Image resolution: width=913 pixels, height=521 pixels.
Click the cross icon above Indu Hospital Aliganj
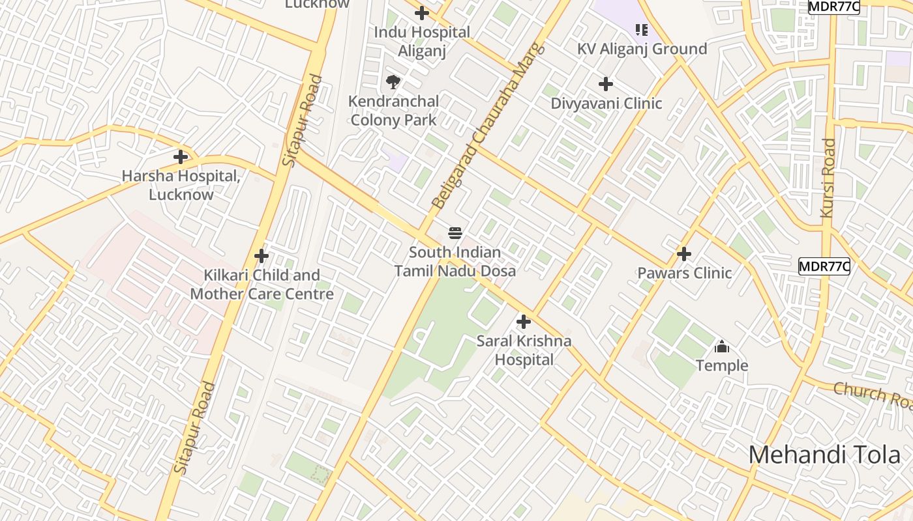pos(422,12)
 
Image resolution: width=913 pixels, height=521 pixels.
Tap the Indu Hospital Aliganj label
pos(422,42)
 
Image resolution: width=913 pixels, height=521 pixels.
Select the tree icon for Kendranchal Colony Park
pos(393,82)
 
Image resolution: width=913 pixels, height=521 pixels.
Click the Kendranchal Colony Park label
pos(393,111)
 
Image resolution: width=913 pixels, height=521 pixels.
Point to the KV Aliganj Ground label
pos(642,49)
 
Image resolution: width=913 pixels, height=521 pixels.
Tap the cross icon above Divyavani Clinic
pos(606,84)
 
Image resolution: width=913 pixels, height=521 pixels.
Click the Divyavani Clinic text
pos(606,104)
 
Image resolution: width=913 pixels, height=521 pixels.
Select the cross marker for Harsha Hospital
pos(181,157)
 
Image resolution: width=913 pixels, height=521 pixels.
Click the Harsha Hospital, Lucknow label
pos(181,185)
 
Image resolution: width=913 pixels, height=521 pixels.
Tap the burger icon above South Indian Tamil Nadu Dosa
pos(455,233)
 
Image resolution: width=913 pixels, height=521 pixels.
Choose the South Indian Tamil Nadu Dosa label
pos(455,262)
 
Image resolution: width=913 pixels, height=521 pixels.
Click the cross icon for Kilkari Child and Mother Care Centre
pos(262,256)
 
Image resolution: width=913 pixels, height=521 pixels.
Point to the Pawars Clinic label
pos(684,273)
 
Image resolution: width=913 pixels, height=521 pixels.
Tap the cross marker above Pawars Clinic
pos(684,253)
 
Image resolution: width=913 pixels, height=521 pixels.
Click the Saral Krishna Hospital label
pos(524,350)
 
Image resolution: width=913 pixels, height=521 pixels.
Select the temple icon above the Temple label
pos(722,346)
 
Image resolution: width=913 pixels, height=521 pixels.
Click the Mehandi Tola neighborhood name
pos(824,455)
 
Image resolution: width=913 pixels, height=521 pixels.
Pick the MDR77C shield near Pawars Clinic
pos(824,266)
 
